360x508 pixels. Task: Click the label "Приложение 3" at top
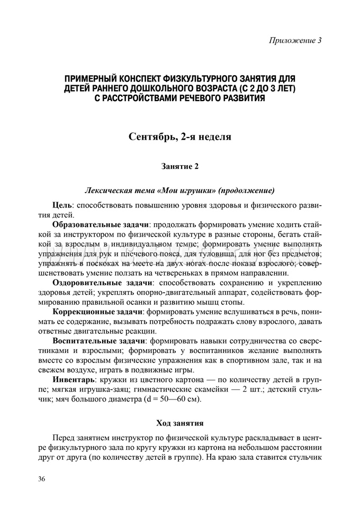pos(296,41)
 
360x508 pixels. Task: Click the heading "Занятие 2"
pos(179,167)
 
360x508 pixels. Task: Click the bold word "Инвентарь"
pos(74,380)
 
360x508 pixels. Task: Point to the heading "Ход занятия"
pos(179,423)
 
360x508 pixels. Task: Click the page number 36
pos(42,479)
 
